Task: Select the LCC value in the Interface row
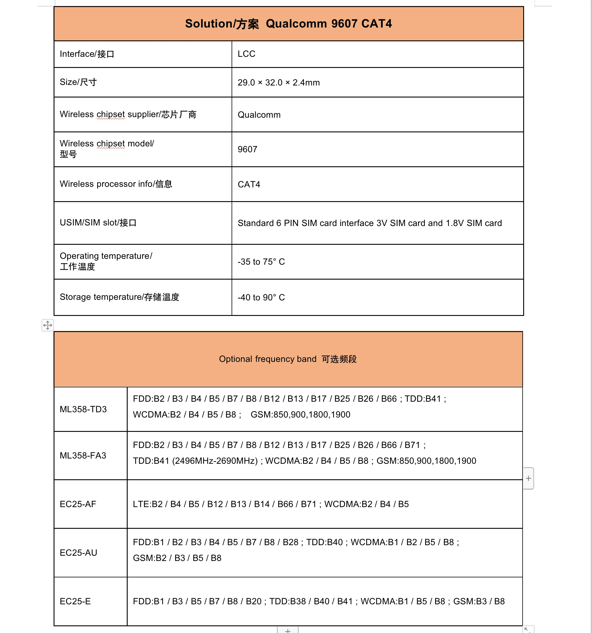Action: click(246, 54)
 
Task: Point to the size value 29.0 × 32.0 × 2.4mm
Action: click(278, 83)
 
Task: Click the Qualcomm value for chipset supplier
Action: click(259, 115)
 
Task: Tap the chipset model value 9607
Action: click(247, 149)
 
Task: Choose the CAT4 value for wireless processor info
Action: click(249, 184)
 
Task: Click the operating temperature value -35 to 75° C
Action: click(261, 262)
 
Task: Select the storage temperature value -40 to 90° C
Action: click(261, 297)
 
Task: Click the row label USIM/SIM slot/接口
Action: click(98, 223)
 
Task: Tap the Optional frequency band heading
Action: click(288, 359)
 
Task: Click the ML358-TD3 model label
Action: click(83, 409)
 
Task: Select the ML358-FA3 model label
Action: click(83, 455)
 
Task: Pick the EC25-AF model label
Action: click(78, 504)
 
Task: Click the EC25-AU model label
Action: click(78, 552)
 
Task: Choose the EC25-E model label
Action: click(75, 601)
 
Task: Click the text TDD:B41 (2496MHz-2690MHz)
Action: click(195, 461)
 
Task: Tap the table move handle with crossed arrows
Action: click(47, 325)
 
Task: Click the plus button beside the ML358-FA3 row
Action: click(528, 478)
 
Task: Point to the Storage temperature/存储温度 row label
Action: click(119, 297)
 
